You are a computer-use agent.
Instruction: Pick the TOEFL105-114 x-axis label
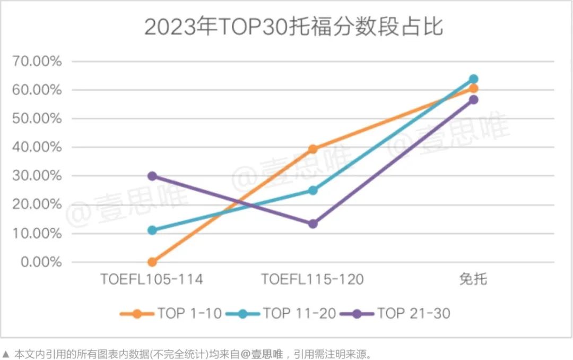pyautogui.click(x=152, y=279)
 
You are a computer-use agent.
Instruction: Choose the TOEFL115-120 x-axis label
pyautogui.click(x=312, y=279)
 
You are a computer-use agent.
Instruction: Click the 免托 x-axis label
pyautogui.click(x=473, y=279)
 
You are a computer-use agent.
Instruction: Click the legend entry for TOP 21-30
pyautogui.click(x=397, y=313)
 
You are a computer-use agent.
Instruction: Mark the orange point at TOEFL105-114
pyautogui.click(x=152, y=262)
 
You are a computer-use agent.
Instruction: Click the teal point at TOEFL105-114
pyautogui.click(x=152, y=230)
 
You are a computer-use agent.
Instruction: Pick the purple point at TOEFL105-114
pyautogui.click(x=152, y=176)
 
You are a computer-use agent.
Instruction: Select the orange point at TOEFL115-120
pyautogui.click(x=312, y=149)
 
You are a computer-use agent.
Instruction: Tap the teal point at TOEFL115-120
pyautogui.click(x=312, y=190)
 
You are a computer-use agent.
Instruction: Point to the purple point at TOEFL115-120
pyautogui.click(x=312, y=224)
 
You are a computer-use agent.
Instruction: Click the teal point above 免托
pyautogui.click(x=473, y=79)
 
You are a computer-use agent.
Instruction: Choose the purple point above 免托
pyautogui.click(x=473, y=100)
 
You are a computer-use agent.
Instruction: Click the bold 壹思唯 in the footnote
pyautogui.click(x=274, y=354)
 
